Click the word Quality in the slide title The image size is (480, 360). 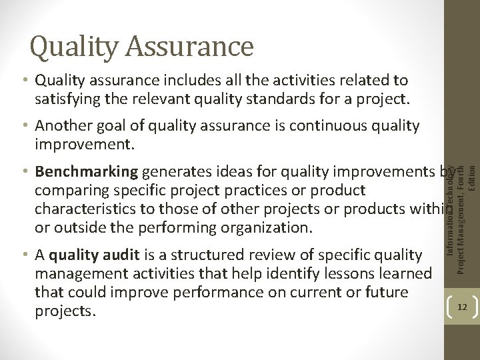coord(75,47)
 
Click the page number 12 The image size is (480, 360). coord(462,307)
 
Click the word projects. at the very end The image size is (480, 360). coord(65,312)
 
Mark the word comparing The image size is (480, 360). coord(71,191)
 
